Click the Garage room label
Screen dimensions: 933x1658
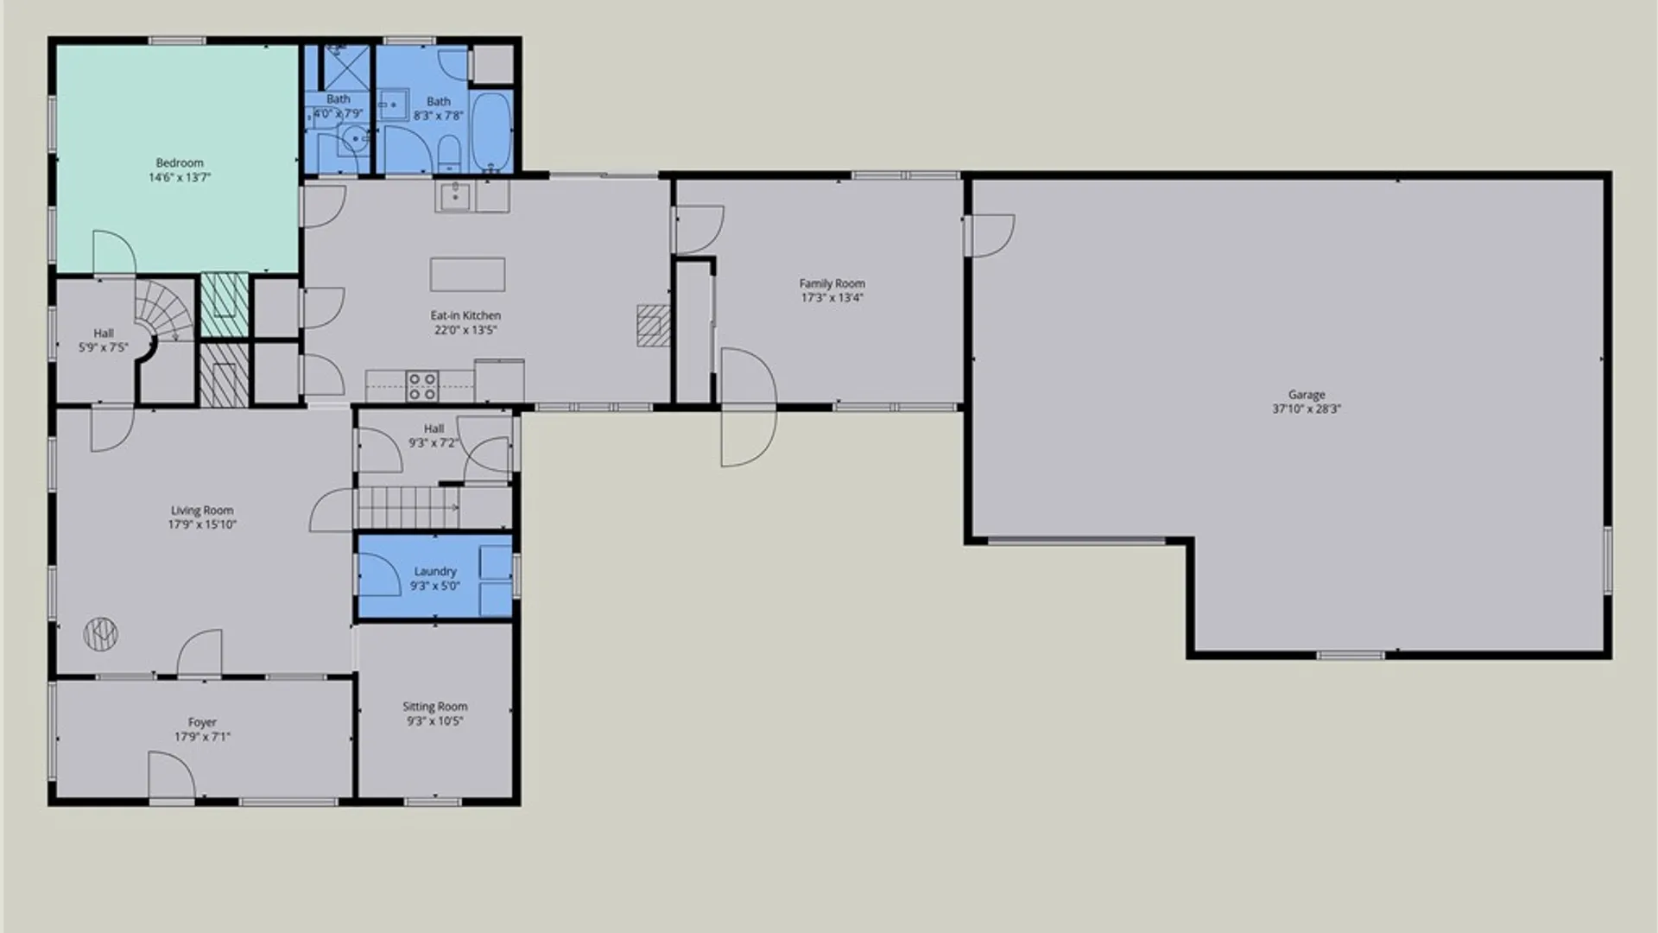1306,395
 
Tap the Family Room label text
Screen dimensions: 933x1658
832,283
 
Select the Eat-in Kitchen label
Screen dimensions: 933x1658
465,315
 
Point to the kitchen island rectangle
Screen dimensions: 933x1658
467,275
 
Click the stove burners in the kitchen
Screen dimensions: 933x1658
422,386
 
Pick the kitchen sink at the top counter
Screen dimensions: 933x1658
454,197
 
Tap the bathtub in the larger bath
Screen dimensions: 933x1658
490,131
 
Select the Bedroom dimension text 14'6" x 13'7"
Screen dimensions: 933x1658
180,177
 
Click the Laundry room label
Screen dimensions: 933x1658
434,571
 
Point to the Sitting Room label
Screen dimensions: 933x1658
434,707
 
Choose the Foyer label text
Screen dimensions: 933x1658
202,722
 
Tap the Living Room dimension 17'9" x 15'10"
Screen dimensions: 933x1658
202,524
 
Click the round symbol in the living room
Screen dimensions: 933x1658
100,635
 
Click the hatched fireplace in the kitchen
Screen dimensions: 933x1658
654,325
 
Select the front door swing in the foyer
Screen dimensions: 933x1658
171,775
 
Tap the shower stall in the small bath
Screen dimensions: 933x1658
345,67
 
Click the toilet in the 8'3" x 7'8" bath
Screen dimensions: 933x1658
449,155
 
